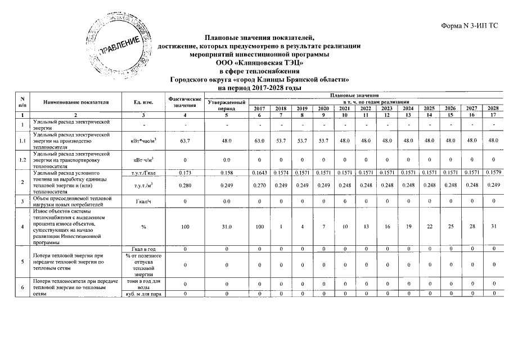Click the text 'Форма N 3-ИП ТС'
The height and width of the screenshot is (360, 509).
tap(474, 26)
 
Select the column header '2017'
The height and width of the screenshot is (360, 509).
tap(259, 108)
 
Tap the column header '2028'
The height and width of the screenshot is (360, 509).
tap(493, 108)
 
